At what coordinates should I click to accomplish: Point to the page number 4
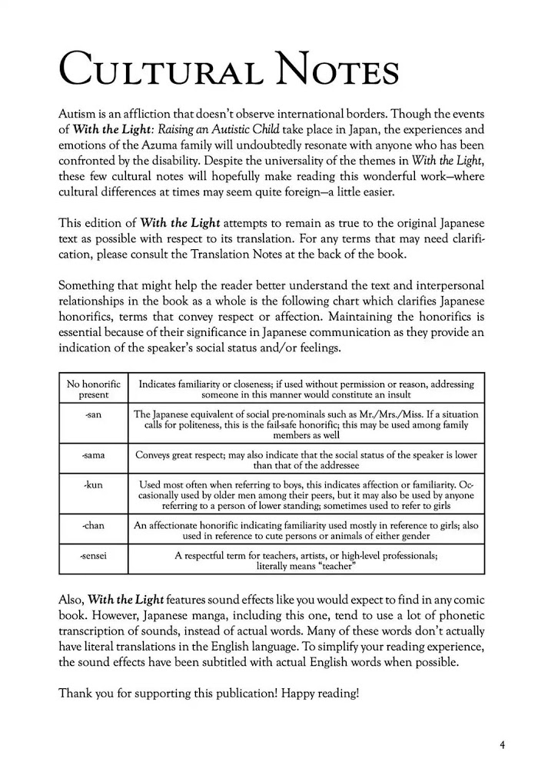pyautogui.click(x=501, y=744)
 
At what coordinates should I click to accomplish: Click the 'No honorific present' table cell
pyautogui.click(x=94, y=389)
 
